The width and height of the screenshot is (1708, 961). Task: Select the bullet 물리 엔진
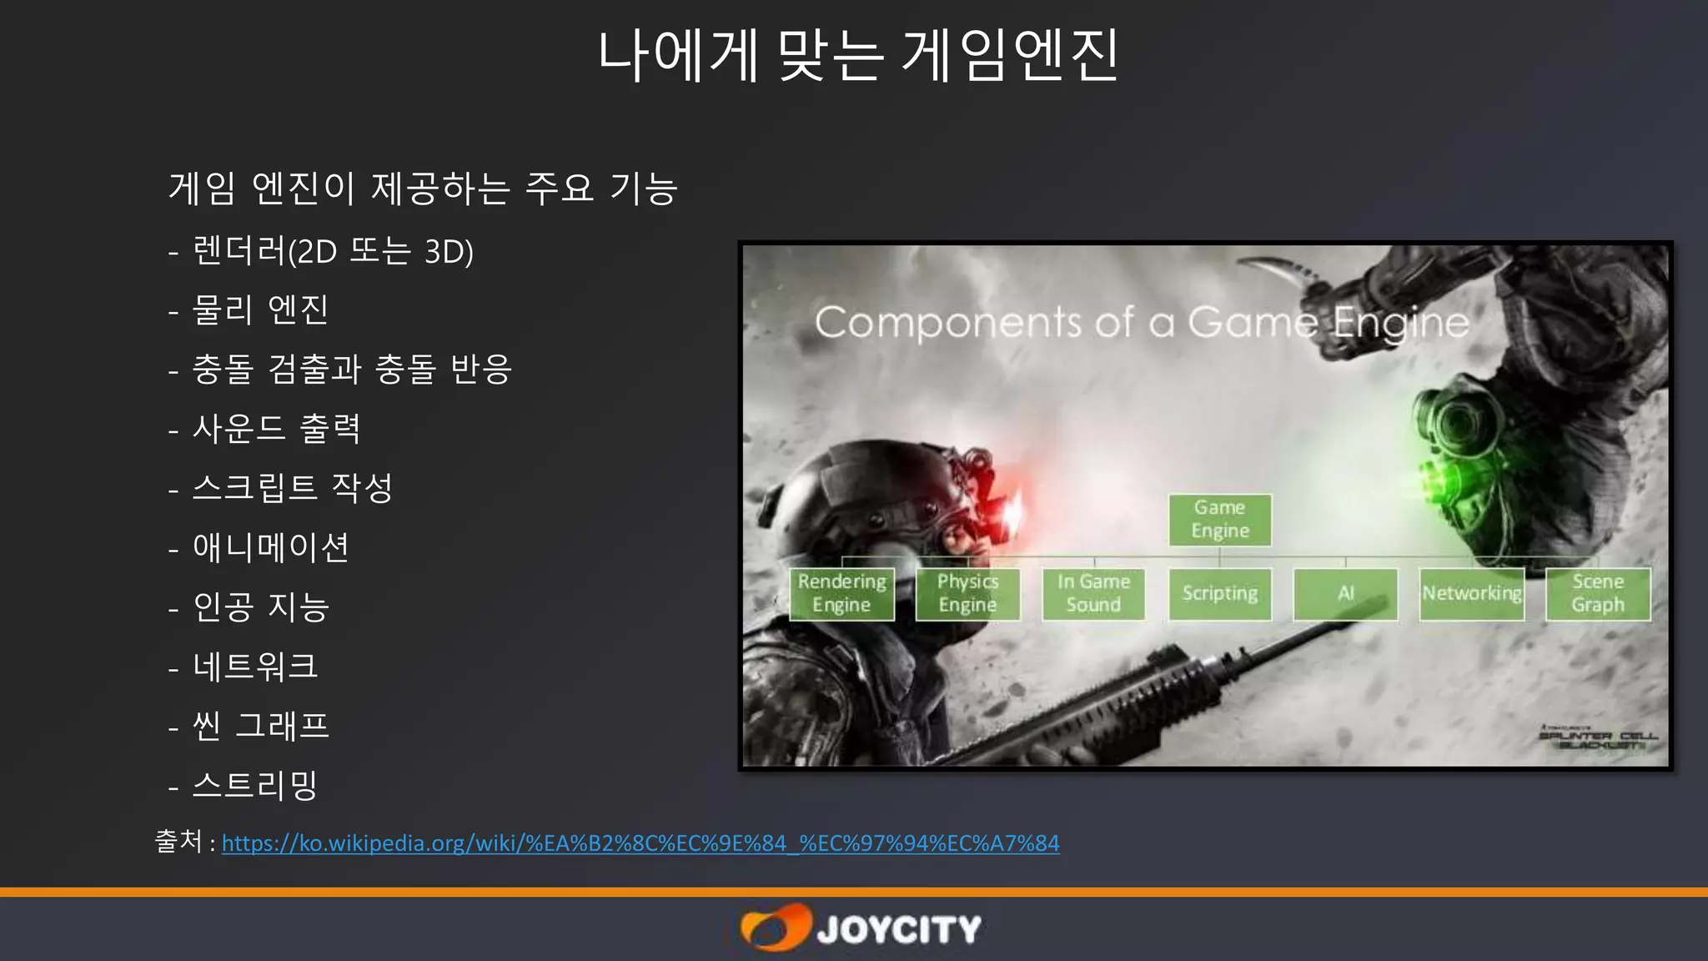point(260,309)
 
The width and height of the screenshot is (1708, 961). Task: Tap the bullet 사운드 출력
point(276,429)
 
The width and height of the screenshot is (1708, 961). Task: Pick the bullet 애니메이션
point(270,548)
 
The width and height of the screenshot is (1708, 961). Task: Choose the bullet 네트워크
point(255,667)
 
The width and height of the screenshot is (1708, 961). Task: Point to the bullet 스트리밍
point(255,785)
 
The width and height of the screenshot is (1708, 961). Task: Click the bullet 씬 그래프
point(261,726)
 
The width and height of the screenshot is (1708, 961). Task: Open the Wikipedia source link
point(640,843)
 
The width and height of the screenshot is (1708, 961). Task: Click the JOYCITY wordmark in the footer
point(898,929)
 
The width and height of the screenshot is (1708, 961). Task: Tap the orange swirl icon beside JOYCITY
point(775,928)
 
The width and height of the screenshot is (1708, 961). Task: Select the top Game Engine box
point(1219,520)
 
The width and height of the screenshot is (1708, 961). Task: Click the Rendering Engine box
point(841,593)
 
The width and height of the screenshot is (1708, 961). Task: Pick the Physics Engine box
point(967,593)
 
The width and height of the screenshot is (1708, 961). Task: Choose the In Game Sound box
point(1093,593)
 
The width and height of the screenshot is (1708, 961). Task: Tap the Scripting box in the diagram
point(1219,593)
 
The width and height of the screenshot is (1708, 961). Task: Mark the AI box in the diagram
point(1345,593)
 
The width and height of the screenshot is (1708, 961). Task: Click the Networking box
point(1472,593)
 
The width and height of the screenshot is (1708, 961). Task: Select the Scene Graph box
point(1598,593)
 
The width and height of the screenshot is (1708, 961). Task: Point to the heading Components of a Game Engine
point(1141,323)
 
